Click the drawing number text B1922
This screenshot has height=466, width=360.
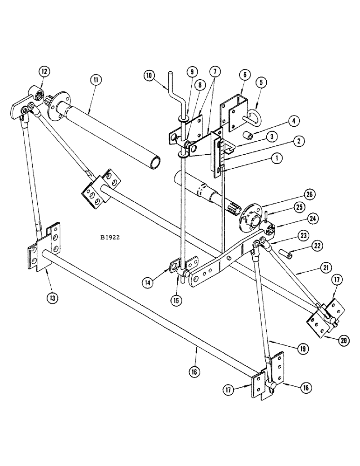pyautogui.click(x=110, y=237)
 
